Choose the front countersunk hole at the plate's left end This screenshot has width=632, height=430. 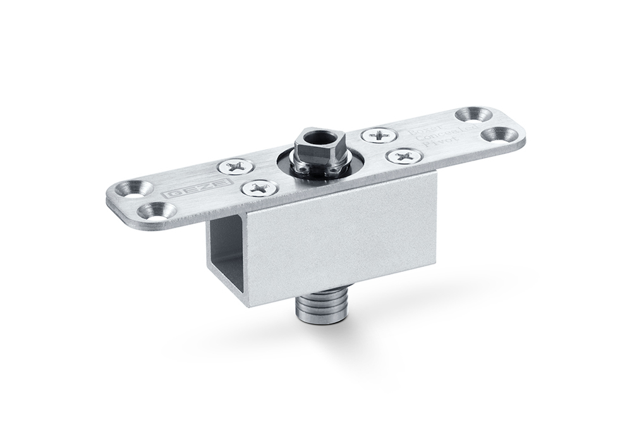point(155,210)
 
